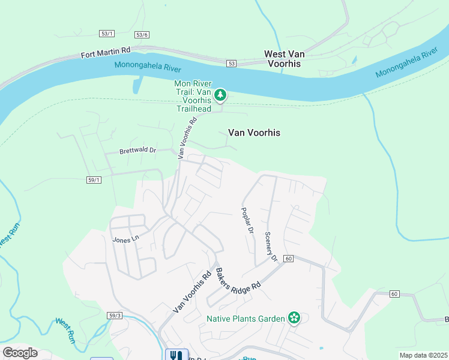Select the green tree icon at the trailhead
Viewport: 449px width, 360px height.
(220, 95)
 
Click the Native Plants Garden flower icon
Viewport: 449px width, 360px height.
(294, 317)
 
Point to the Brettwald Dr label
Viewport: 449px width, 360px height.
(137, 151)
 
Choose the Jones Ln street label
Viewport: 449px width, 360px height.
(125, 238)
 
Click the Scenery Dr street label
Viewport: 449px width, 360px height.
(271, 247)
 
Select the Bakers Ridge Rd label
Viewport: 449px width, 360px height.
(239, 280)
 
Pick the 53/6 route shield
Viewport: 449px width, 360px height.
(142, 35)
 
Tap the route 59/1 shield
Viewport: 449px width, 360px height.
(94, 179)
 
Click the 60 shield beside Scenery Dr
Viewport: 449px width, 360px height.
(289, 259)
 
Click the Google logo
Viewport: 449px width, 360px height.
(20, 352)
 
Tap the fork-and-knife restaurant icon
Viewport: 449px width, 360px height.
(176, 355)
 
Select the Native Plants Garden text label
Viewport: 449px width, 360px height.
(246, 318)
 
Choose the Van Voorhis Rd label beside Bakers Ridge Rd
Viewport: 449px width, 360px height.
(192, 290)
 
